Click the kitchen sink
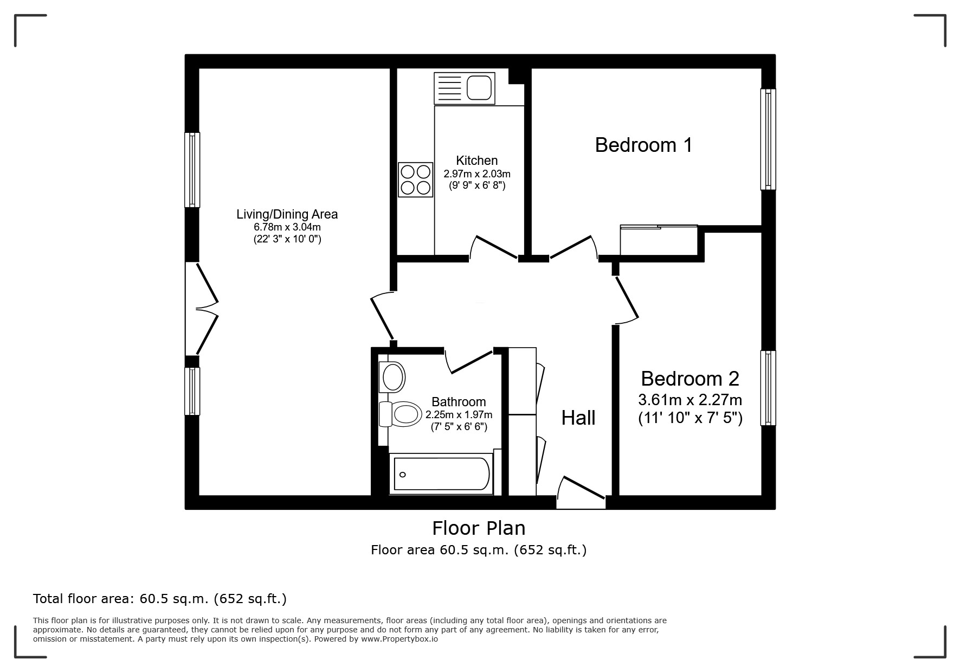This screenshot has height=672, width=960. tap(465, 88)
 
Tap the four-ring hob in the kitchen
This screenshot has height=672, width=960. tap(416, 180)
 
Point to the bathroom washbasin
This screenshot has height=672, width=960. tap(392, 376)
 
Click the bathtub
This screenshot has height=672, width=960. tap(441, 474)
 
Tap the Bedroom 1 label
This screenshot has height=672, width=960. tap(643, 145)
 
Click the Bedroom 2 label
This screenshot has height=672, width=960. tap(690, 378)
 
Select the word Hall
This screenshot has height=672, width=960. tap(578, 418)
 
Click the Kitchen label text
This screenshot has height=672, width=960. tap(477, 161)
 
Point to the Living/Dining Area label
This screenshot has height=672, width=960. tap(287, 214)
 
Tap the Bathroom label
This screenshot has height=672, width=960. tap(459, 402)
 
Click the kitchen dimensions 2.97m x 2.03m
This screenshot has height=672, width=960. tap(477, 174)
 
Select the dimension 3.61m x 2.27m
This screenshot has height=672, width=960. tap(690, 400)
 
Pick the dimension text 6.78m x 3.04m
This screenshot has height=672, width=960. tap(287, 227)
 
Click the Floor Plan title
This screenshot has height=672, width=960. tap(479, 528)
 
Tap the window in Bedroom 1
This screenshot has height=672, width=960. tap(768, 139)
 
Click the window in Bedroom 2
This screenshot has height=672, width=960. tap(768, 388)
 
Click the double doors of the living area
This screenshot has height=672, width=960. tap(202, 309)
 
